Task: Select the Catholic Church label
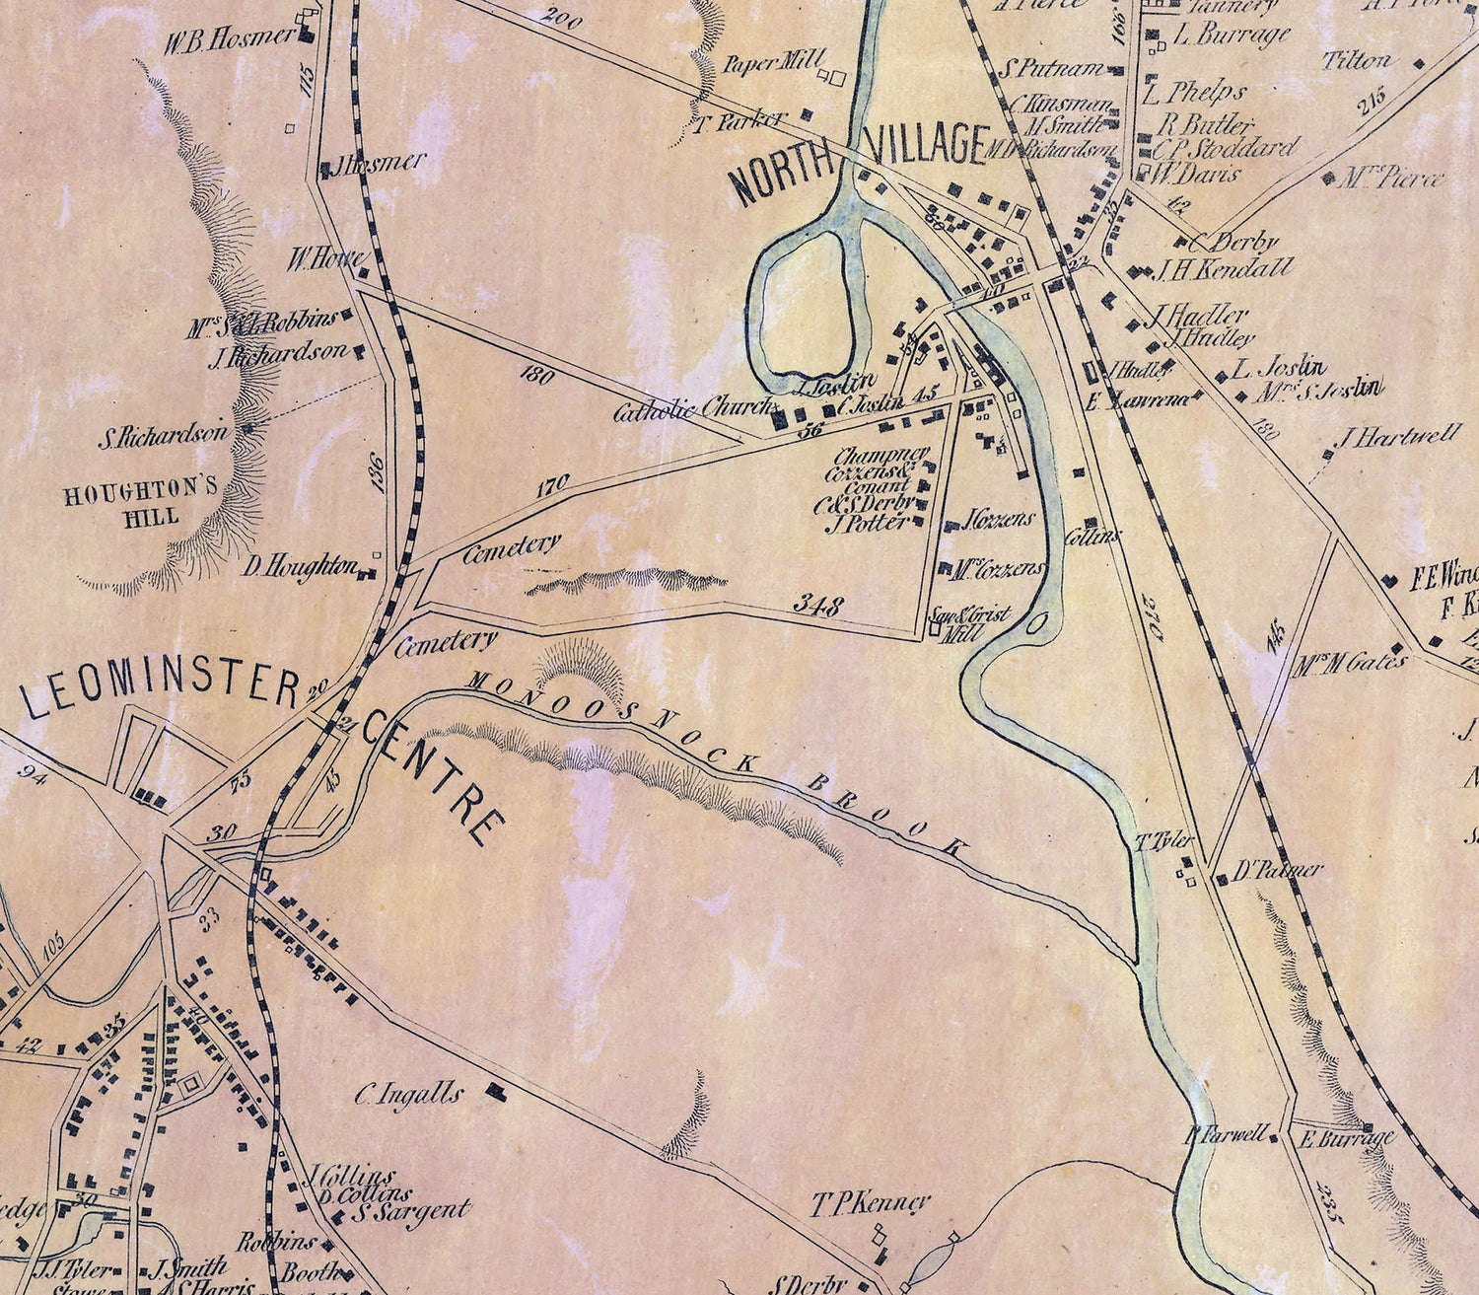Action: (695, 409)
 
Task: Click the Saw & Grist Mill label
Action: (970, 623)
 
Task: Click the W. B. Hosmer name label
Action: (229, 39)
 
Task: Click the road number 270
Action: (1153, 616)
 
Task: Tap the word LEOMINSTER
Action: (160, 690)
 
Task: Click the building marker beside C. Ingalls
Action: (494, 1090)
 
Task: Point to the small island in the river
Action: (1036, 623)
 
